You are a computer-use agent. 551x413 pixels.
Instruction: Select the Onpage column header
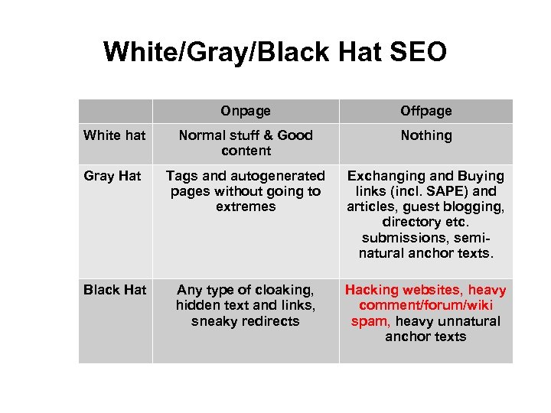(246, 111)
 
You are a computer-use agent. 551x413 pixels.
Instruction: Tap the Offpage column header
(426, 111)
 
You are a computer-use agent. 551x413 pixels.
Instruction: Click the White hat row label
(114, 135)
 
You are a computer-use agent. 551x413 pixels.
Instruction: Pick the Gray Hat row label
(112, 176)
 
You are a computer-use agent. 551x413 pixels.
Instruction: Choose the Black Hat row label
(115, 290)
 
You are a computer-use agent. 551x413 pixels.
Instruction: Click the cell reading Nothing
(426, 135)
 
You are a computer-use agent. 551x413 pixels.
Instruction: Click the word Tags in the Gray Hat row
(181, 176)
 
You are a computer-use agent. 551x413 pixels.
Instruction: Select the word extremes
(246, 206)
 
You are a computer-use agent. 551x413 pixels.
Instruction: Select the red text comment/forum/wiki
(426, 306)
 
